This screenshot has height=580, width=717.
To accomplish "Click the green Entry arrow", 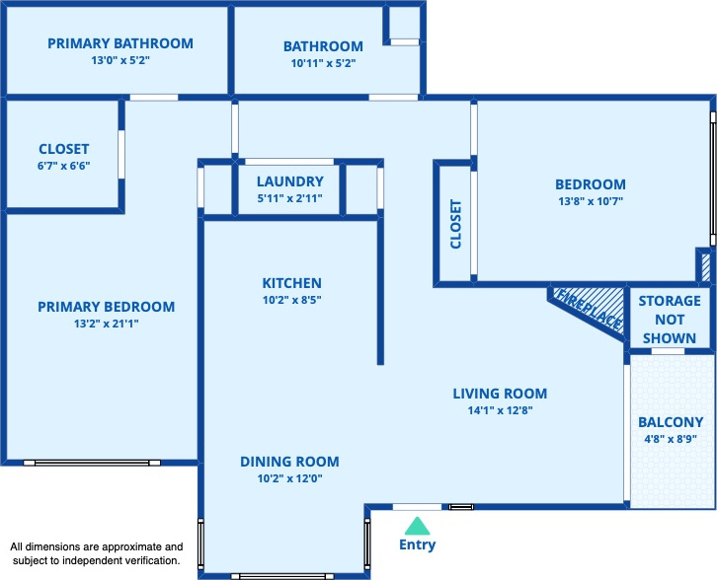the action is (417, 526).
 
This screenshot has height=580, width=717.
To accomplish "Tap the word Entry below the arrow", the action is (417, 544).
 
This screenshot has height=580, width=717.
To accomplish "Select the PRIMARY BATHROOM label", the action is (120, 43).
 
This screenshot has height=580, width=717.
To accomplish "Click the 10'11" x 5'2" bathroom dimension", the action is (323, 63).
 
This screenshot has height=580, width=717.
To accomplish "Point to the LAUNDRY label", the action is (290, 181).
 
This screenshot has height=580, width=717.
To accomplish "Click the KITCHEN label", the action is (291, 283).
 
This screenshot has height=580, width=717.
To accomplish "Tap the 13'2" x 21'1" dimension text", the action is (106, 324).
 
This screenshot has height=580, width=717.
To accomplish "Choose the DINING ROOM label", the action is (290, 462).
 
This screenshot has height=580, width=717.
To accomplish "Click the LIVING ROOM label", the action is (500, 394).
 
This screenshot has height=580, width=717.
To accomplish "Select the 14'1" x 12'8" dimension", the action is (500, 410).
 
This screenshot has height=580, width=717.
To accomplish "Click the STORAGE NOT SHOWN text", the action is (670, 320).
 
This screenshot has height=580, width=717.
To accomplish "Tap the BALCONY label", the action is (671, 422).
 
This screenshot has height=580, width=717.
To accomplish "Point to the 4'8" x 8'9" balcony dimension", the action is (671, 439).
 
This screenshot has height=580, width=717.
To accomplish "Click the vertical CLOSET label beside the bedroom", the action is (456, 224).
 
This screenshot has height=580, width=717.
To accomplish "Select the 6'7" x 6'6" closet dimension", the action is (63, 166).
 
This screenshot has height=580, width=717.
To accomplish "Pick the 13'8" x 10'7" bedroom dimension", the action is (591, 201).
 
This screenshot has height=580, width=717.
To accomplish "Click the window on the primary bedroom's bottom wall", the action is (92, 463).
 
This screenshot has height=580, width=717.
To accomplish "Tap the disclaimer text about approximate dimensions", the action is (97, 553).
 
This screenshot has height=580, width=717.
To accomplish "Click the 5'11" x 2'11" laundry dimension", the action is (290, 198).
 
